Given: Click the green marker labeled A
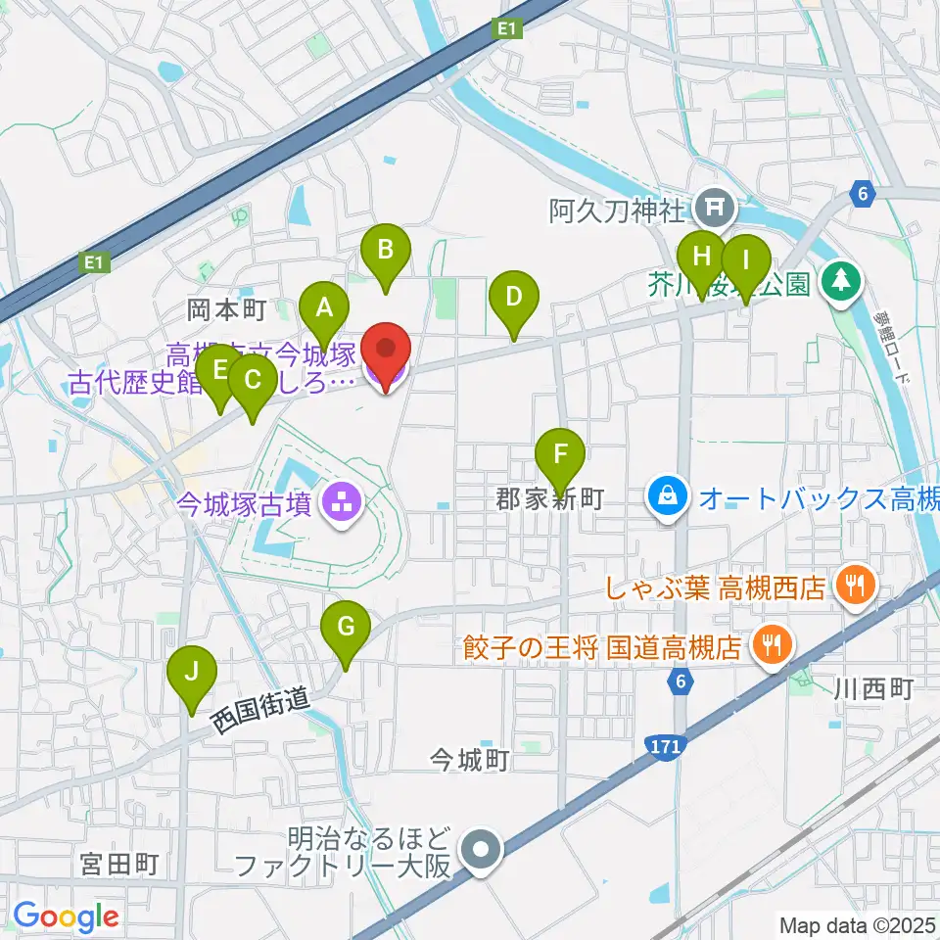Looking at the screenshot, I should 323,311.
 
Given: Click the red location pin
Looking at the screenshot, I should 386,352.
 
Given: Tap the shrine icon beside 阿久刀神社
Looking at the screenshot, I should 710,208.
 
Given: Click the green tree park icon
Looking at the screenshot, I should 839,283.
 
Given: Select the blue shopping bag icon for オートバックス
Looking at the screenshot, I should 667,497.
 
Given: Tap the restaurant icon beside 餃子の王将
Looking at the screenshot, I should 773,643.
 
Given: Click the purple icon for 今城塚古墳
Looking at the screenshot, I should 343,504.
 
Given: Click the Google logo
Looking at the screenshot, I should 66,916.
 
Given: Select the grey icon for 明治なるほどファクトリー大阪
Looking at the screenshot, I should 481,850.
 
